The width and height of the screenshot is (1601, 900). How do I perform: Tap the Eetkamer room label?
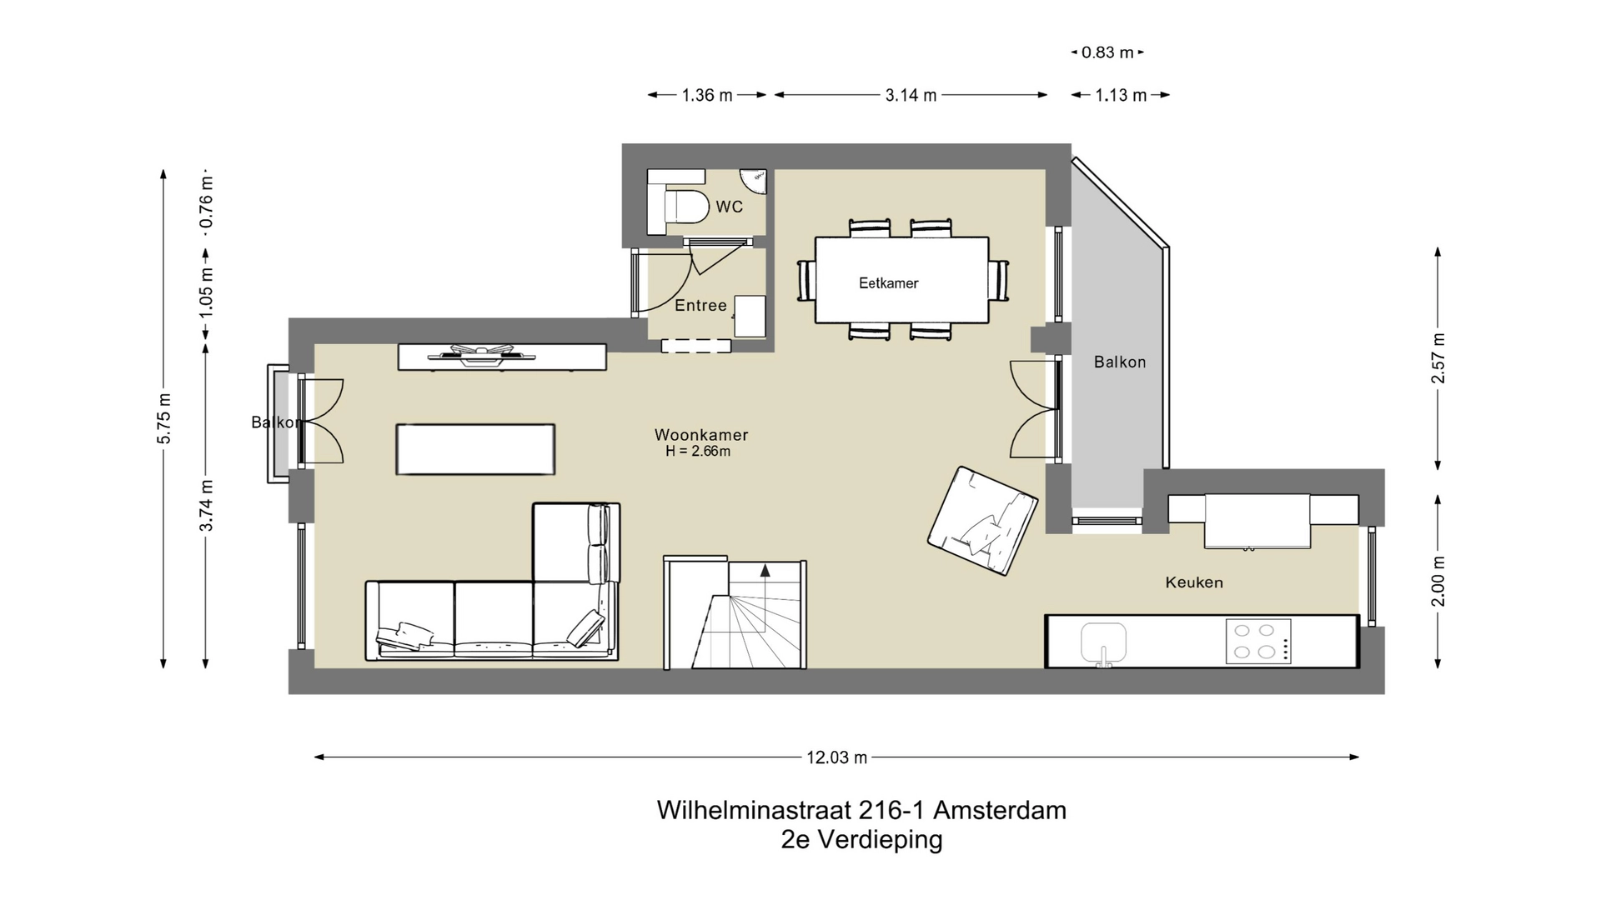tap(888, 283)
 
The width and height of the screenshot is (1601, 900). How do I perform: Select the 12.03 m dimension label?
tap(836, 757)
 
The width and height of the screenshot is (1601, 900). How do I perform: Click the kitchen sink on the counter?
tap(1103, 642)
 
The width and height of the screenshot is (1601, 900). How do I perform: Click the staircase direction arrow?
tap(764, 571)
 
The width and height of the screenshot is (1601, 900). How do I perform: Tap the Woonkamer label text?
tap(700, 435)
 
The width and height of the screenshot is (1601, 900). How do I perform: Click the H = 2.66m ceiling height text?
tap(698, 452)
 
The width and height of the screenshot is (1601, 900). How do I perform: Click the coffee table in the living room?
tap(475, 449)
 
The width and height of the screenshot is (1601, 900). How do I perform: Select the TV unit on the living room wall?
tap(502, 357)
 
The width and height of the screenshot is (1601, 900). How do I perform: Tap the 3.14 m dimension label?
tap(911, 95)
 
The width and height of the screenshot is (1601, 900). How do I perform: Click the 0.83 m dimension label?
tap(1107, 52)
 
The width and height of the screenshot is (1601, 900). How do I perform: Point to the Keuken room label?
tap(1194, 582)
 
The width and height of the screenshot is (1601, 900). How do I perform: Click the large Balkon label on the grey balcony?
tap(1119, 362)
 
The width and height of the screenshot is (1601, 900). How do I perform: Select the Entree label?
tap(700, 306)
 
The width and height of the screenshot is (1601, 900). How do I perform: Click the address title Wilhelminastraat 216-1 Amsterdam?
tap(861, 810)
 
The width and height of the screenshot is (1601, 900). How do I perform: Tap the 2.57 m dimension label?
tap(1438, 358)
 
